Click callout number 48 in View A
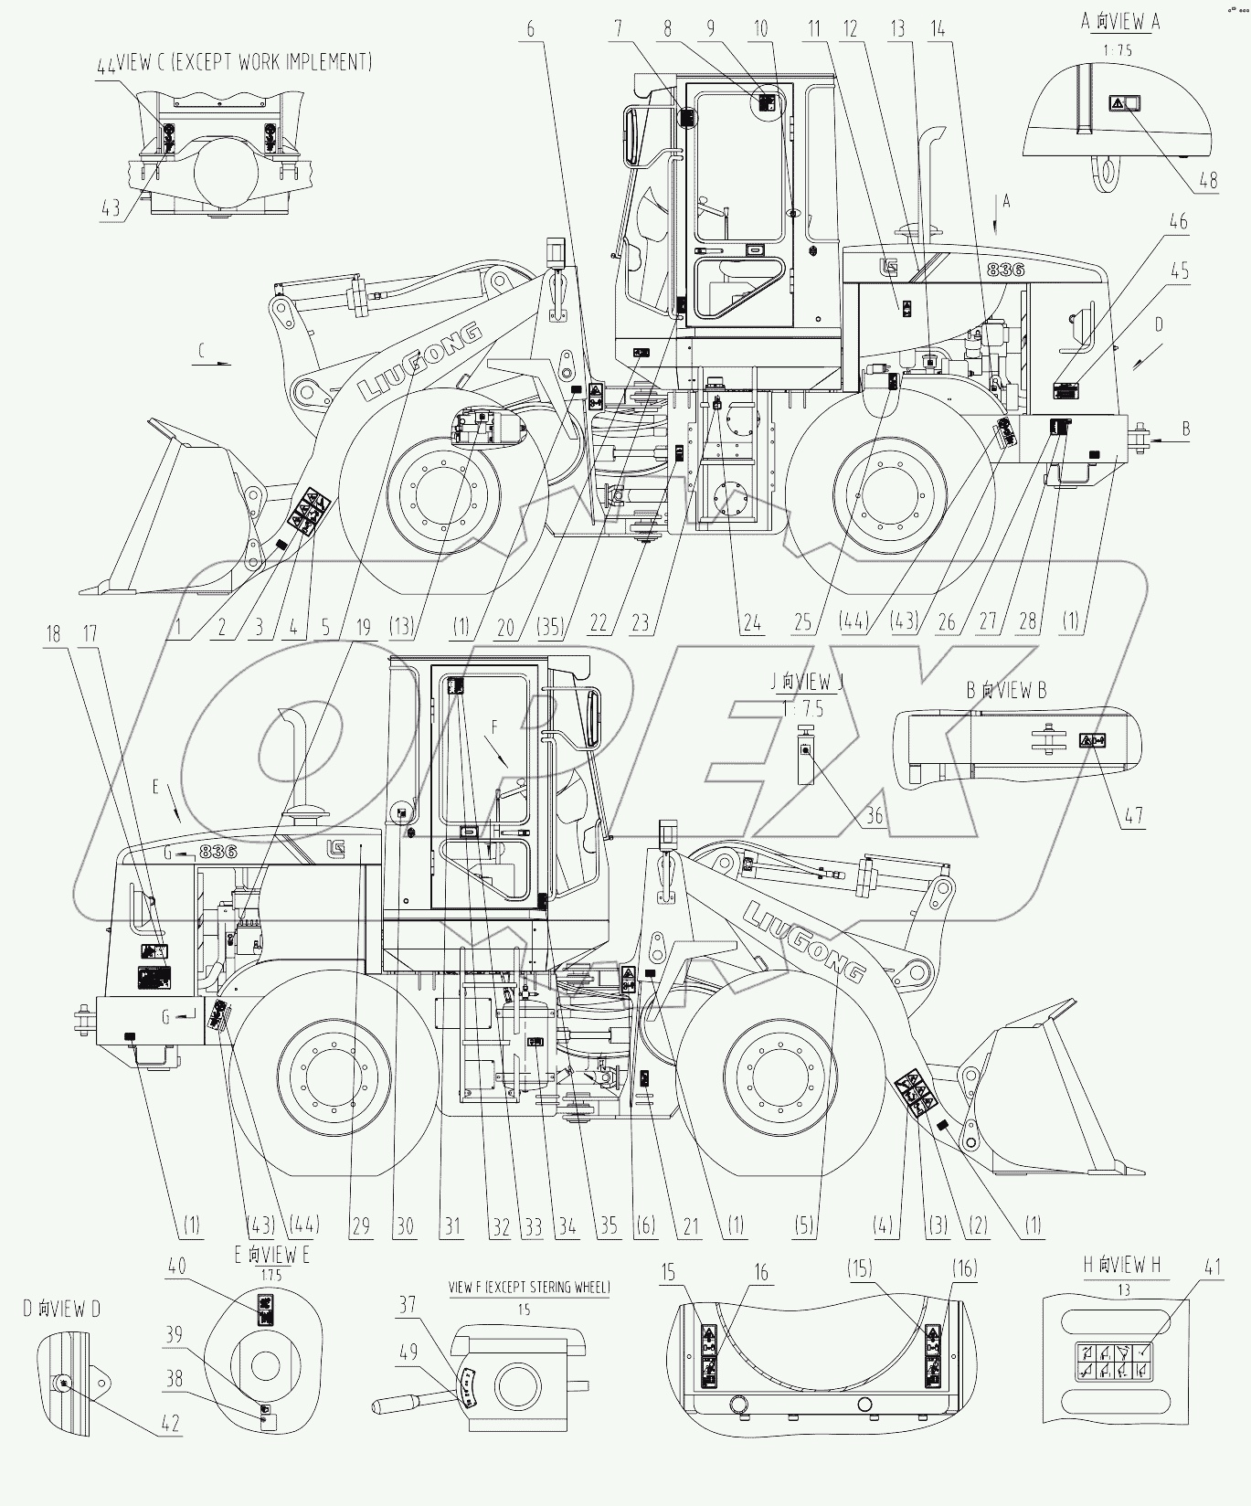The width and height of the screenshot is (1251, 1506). click(1207, 180)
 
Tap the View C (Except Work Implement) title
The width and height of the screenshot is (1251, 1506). click(236, 62)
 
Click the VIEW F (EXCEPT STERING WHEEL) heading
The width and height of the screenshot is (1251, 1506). click(529, 1287)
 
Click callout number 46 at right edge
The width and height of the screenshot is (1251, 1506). click(1179, 221)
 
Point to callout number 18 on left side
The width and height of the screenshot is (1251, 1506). click(53, 633)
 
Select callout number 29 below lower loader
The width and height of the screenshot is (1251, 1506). click(362, 1225)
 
